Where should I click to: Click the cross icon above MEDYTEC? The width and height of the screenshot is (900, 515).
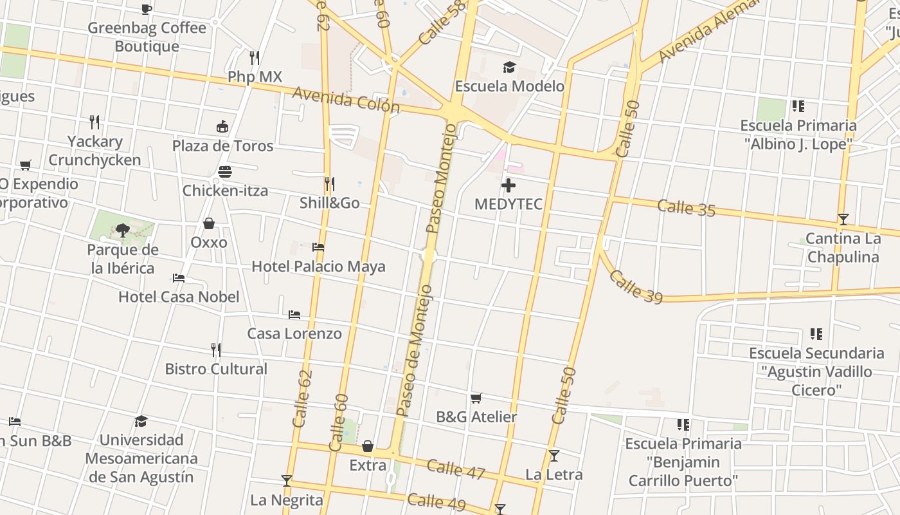pyautogui.click(x=509, y=186)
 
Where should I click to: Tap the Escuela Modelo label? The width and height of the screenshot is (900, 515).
pyautogui.click(x=510, y=86)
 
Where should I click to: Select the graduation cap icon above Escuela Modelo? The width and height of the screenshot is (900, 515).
pyautogui.click(x=509, y=67)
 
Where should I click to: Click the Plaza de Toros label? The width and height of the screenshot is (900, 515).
pyautogui.click(x=222, y=146)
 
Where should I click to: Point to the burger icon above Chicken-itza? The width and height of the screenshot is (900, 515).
pyautogui.click(x=224, y=172)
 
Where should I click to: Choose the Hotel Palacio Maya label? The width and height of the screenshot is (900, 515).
pyautogui.click(x=318, y=267)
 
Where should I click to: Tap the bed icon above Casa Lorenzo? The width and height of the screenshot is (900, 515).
pyautogui.click(x=294, y=314)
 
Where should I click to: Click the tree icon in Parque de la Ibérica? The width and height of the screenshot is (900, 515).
pyautogui.click(x=122, y=230)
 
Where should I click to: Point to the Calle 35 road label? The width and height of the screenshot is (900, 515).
pyautogui.click(x=686, y=208)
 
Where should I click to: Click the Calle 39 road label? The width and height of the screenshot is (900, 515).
pyautogui.click(x=635, y=286)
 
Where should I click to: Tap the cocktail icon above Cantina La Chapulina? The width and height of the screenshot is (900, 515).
pyautogui.click(x=843, y=219)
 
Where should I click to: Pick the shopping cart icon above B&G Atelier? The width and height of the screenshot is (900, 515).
pyautogui.click(x=476, y=398)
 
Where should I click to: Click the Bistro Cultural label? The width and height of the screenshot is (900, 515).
pyautogui.click(x=216, y=369)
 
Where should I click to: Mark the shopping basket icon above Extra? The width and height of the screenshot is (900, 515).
pyautogui.click(x=368, y=446)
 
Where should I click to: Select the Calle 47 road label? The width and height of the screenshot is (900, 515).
pyautogui.click(x=456, y=469)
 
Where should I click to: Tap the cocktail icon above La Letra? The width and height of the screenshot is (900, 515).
pyautogui.click(x=554, y=456)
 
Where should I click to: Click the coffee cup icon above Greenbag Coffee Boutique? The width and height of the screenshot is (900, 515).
pyautogui.click(x=147, y=8)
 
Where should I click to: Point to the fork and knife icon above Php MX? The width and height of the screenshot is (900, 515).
pyautogui.click(x=255, y=58)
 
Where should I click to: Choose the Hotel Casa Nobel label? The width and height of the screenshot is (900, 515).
pyautogui.click(x=179, y=297)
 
